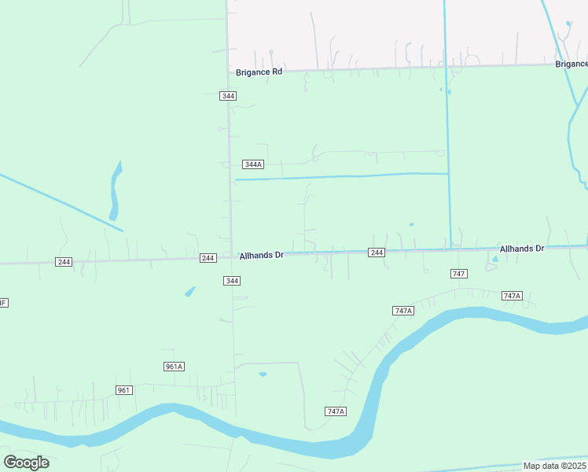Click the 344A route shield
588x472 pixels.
(252, 164)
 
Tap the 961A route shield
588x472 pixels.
(174, 367)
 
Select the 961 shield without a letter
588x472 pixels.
(123, 390)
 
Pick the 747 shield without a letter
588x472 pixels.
(459, 273)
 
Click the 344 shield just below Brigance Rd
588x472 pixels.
(228, 96)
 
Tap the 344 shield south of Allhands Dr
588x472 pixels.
(232, 281)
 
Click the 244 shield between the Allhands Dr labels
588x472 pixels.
(377, 253)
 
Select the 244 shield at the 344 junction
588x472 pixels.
(208, 258)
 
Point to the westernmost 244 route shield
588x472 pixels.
(64, 262)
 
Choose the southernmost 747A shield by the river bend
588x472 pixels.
(336, 411)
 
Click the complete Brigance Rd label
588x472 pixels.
(259, 72)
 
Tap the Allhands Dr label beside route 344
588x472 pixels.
(262, 256)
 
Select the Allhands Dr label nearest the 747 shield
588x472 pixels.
(521, 249)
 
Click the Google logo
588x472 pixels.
(26, 463)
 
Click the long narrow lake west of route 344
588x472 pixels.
(116, 191)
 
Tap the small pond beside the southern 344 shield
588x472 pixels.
(190, 291)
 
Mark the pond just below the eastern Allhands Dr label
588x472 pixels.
(494, 258)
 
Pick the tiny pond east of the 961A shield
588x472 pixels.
(263, 374)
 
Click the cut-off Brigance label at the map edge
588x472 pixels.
(571, 64)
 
